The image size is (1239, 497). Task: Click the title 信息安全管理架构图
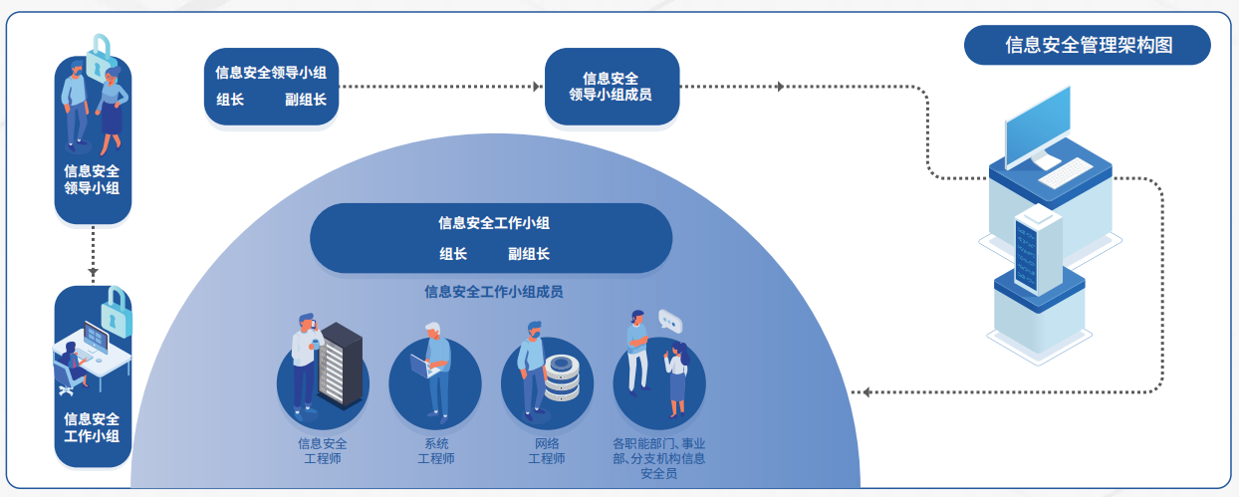coord(1087,45)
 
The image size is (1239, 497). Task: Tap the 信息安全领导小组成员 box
coord(612,87)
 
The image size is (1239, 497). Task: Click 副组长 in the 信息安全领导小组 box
coord(305,100)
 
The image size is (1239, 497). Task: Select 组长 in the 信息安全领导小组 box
coord(230,100)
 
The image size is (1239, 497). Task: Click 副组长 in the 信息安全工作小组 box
coord(528,254)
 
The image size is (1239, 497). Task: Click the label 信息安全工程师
coord(323,451)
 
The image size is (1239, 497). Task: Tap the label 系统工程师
coord(435,451)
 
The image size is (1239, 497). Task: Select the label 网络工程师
coord(546,451)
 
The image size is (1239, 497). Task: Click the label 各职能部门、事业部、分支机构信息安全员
coord(658,458)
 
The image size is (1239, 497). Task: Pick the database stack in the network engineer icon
coord(563,377)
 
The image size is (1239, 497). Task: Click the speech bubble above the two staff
coord(670,321)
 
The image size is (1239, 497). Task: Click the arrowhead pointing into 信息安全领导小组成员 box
coord(536,87)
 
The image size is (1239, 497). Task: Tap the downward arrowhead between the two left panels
coord(93,271)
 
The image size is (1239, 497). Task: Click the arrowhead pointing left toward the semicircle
coord(867,391)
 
